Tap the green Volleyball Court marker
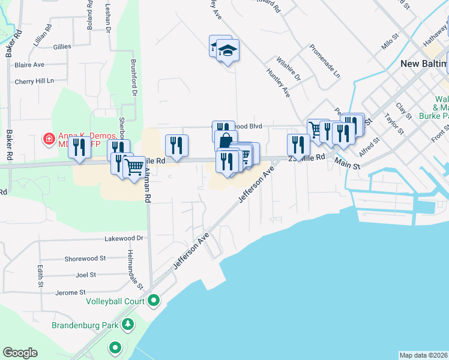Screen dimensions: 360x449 (x=154, y=300)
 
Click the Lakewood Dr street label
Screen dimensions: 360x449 (x=124, y=238)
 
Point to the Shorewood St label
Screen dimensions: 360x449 (x=85, y=259)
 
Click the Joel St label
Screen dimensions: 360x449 (x=86, y=275)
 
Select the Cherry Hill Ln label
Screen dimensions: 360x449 (x=34, y=81)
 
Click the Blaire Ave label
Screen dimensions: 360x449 (x=30, y=64)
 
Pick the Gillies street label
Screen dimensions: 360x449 (x=62, y=46)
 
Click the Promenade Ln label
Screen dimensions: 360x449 (x=325, y=61)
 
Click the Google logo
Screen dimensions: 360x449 (x=20, y=353)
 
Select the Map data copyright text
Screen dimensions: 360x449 (x=424, y=355)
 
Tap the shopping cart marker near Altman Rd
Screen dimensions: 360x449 (x=134, y=167)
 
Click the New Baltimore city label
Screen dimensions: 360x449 (x=424, y=64)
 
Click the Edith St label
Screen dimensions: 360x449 (x=41, y=275)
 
